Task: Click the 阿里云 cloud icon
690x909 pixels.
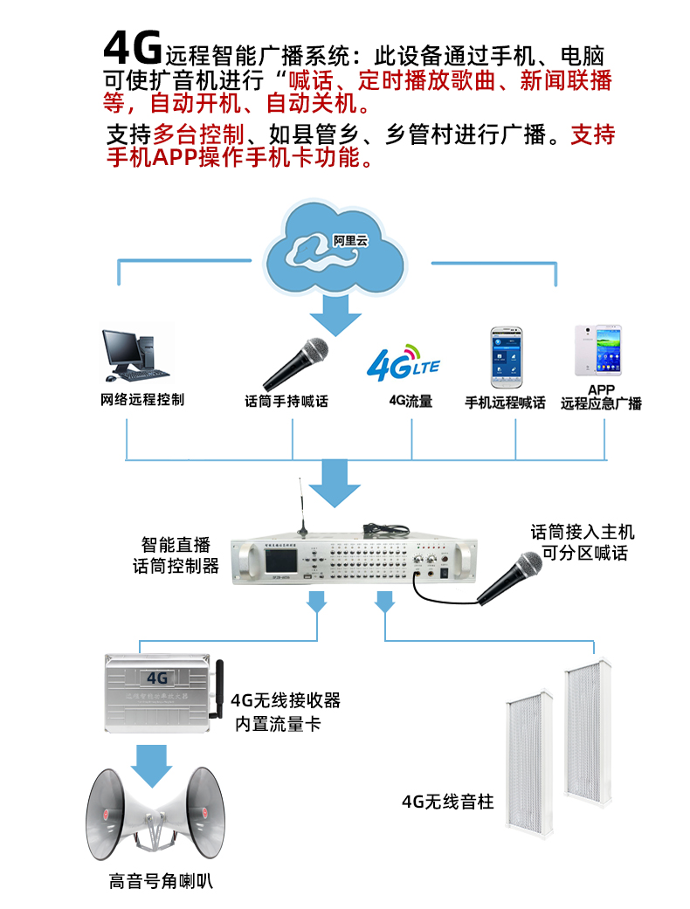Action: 337,249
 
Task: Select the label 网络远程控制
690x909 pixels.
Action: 142,401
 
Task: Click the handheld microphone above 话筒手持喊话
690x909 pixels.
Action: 296,363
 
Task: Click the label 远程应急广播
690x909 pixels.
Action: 601,404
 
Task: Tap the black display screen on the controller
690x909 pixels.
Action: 268,565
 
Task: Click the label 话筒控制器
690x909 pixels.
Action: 176,566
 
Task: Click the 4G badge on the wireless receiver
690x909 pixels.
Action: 157,677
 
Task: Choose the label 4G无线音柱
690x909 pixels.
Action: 447,801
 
